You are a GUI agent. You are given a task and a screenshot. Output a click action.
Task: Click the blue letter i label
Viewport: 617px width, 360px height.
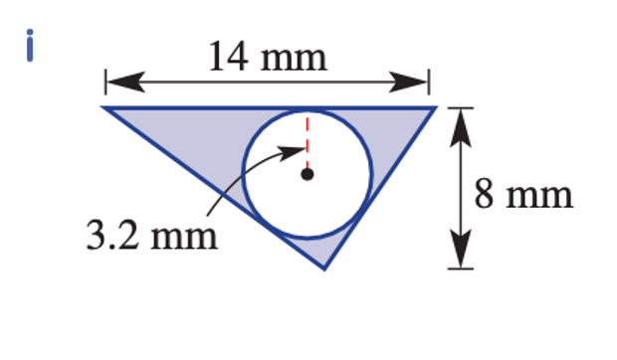coord(30,45)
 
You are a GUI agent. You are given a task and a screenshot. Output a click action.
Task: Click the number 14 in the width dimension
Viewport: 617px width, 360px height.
coord(229,57)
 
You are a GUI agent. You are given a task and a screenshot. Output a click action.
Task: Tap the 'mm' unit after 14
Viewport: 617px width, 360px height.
coord(294,60)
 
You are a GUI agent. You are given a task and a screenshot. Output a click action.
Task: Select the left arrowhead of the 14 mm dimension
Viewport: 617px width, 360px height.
coord(126,83)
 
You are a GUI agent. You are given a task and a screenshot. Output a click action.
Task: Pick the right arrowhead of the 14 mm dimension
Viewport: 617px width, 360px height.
coord(408,83)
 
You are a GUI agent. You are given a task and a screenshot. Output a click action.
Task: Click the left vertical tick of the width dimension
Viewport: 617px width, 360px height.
coord(105,82)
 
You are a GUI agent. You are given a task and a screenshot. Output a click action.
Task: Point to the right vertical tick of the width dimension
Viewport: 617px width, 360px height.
coord(429,82)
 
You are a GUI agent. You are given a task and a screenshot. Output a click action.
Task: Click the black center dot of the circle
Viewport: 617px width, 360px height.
coord(307,174)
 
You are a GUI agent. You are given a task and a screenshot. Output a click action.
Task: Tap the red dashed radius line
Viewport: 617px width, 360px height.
coord(308,142)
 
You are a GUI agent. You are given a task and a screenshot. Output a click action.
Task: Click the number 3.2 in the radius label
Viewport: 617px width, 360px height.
coord(112,236)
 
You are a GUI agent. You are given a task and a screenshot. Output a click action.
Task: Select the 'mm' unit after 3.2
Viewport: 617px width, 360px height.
coord(184,238)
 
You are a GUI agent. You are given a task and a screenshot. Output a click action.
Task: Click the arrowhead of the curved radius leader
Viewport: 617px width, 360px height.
coord(292,151)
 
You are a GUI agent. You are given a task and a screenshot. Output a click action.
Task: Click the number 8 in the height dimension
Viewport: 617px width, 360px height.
coord(484,194)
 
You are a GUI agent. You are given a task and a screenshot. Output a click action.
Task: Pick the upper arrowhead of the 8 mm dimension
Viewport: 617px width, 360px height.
coord(461,128)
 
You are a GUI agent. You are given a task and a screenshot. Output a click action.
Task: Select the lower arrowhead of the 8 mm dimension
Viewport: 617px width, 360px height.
coord(461,249)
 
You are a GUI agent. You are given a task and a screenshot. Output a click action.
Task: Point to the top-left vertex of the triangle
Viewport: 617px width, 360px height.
coord(103,106)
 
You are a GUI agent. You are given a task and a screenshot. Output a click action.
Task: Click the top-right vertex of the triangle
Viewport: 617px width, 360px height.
coord(436,106)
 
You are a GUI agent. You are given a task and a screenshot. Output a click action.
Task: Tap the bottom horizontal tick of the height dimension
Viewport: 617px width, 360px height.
coord(461,269)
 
